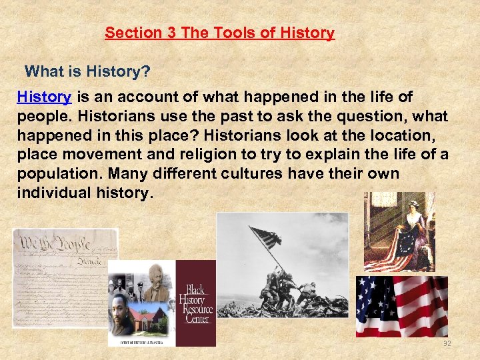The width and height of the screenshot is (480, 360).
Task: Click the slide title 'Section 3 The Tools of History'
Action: click(x=219, y=33)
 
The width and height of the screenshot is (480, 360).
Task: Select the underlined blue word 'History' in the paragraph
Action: click(x=44, y=97)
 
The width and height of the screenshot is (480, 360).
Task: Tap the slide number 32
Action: click(x=447, y=344)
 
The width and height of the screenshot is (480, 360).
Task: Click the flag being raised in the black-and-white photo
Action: click(x=265, y=238)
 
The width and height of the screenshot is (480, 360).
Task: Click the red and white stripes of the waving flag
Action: click(x=420, y=307)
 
